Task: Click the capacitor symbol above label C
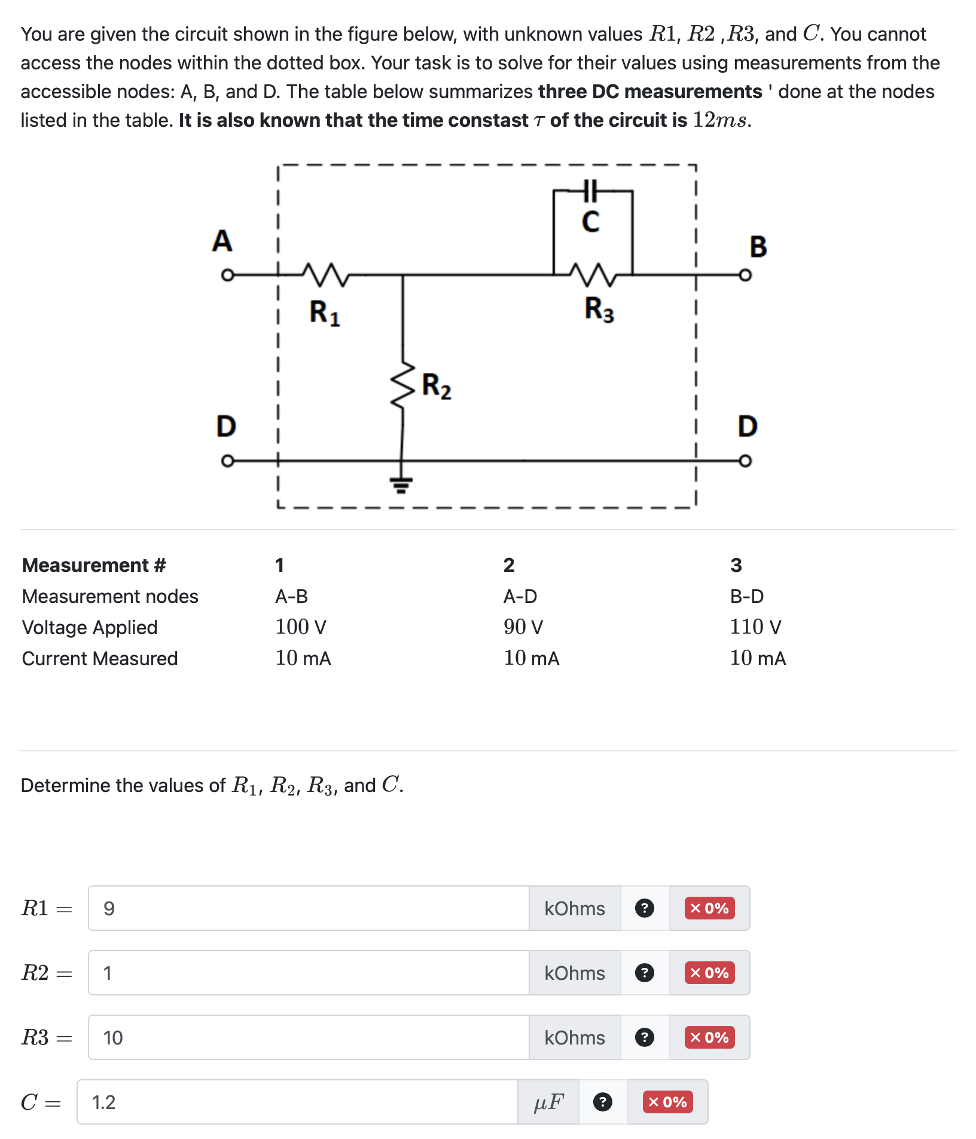pos(590,191)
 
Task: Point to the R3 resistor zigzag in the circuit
pos(593,275)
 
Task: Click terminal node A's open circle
pos(227,275)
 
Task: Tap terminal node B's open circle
pos(745,275)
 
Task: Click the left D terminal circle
pos(227,461)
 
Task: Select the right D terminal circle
pos(745,461)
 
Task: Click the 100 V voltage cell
pos(301,627)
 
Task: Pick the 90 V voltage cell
pos(523,627)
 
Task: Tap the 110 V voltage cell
pos(755,627)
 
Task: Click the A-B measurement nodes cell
pos(291,596)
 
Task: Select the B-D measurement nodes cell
pos(747,596)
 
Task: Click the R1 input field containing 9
pos(308,908)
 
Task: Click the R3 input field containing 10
pos(308,1037)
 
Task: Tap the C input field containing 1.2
pos(297,1102)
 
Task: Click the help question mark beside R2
pos(644,973)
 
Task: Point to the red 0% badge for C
pos(667,1102)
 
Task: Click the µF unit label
pos(548,1102)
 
